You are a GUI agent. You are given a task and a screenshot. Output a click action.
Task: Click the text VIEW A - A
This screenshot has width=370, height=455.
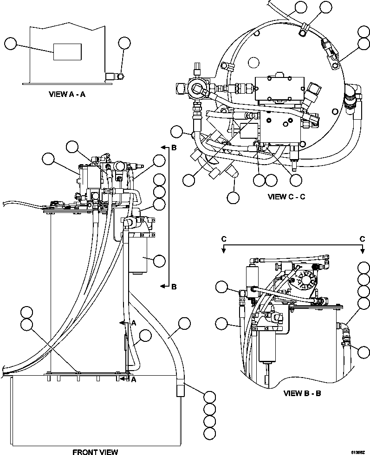[x=69, y=94]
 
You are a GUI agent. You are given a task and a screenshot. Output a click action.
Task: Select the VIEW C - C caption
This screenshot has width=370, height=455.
[x=286, y=196]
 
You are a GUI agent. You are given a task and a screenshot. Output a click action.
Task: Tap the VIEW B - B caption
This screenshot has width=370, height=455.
[x=302, y=393]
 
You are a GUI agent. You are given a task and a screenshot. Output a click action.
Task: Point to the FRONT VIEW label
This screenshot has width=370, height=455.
[x=95, y=451]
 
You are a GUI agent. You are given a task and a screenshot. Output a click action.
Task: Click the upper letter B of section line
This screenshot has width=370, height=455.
[x=174, y=148]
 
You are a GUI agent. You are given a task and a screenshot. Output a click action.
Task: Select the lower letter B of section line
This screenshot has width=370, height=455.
[x=174, y=287]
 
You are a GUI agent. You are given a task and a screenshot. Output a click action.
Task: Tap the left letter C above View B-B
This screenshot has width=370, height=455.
[x=223, y=238]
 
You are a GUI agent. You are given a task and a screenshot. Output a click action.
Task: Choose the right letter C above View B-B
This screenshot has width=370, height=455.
[x=362, y=238]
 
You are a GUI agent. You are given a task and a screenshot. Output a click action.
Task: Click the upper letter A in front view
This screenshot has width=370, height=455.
[x=133, y=322]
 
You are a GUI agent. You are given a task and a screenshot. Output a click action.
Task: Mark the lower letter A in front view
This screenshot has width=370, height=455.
[x=133, y=379]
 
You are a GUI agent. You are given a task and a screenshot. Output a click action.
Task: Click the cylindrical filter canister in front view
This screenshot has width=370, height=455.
[x=137, y=255]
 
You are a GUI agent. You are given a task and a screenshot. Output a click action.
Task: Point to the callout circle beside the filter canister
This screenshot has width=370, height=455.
[x=159, y=261]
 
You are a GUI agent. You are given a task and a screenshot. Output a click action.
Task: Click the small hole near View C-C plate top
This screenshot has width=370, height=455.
[x=253, y=62]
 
